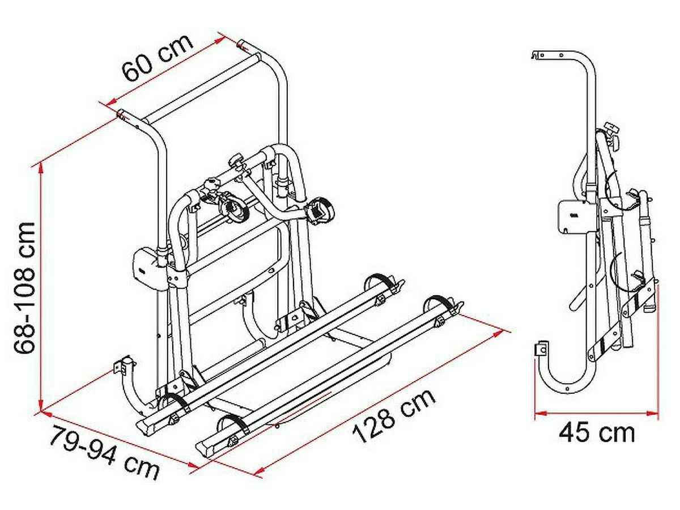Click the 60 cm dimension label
click(158, 58)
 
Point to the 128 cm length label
click(394, 415)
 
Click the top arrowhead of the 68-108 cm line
click(41, 169)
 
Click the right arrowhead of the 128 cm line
click(497, 333)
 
